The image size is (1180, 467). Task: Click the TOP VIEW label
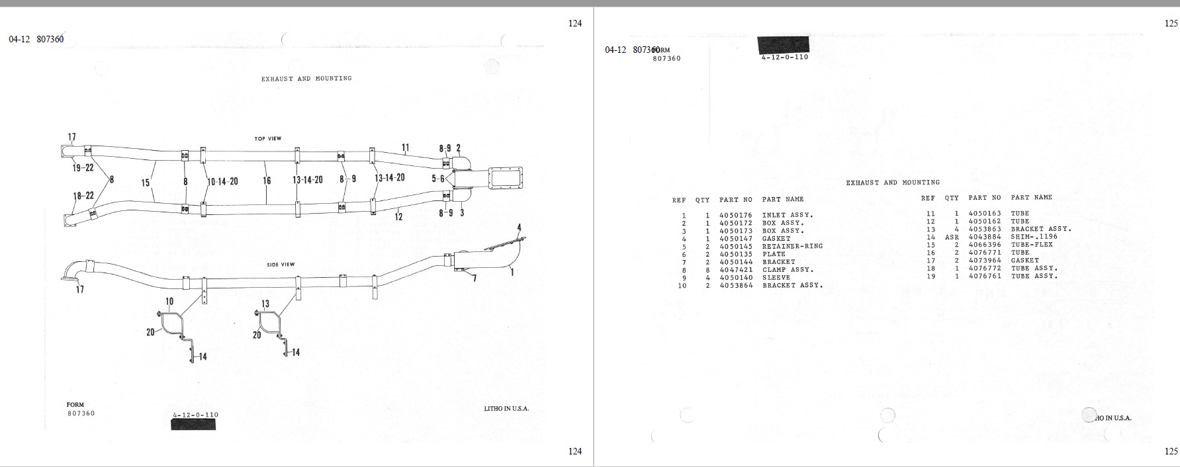(268, 139)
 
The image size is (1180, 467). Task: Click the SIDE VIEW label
(281, 265)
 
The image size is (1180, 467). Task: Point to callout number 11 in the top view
(405, 148)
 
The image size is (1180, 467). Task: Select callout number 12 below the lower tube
(398, 216)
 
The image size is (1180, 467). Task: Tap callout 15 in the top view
(146, 183)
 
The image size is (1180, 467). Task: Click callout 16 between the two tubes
(267, 180)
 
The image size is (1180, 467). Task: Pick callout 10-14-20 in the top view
(222, 181)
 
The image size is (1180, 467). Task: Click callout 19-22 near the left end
(83, 168)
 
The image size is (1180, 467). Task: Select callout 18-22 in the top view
(83, 196)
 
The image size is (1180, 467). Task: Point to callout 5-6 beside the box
(438, 179)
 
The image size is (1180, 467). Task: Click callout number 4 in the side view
(520, 228)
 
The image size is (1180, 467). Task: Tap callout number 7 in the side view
(474, 278)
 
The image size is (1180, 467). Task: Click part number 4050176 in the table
(736, 215)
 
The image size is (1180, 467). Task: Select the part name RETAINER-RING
(793, 246)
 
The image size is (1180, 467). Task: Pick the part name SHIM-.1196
(1034, 237)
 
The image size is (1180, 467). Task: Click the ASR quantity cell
(952, 237)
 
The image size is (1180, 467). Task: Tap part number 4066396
(985, 245)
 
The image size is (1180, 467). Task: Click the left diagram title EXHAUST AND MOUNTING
(306, 79)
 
